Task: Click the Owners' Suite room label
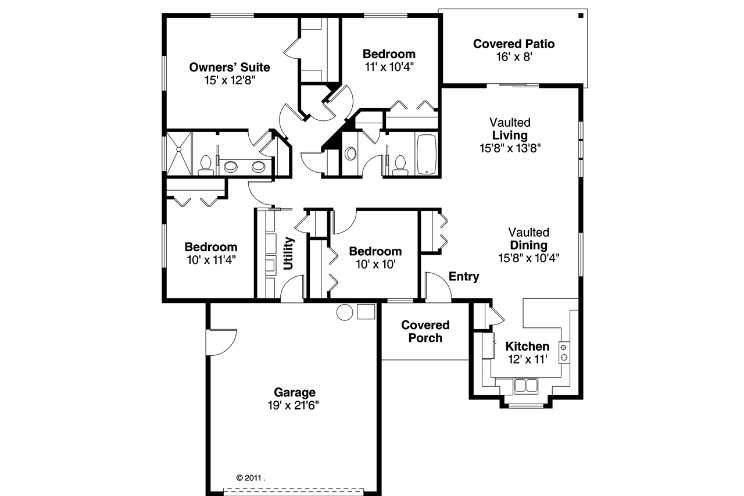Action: tap(230, 67)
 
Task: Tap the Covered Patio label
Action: tap(514, 44)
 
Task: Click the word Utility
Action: tap(289, 253)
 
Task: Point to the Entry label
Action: tap(464, 277)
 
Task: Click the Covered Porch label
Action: tap(425, 331)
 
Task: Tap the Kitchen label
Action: tap(527, 347)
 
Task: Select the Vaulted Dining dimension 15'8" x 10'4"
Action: tap(528, 258)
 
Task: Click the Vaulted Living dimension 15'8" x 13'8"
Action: tap(510, 148)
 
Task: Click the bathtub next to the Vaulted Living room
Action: tap(427, 155)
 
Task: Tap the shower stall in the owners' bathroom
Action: tap(179, 154)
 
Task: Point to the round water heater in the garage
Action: tap(345, 312)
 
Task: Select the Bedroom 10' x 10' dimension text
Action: tap(375, 264)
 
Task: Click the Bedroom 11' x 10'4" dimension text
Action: tap(389, 67)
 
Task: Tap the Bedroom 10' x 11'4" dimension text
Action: tap(211, 259)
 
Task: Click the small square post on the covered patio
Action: tap(580, 16)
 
